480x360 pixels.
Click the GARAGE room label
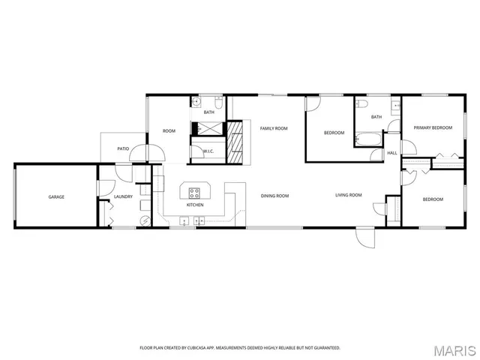(x=56, y=196)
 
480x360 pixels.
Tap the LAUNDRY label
(x=123, y=196)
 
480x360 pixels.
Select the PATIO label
(x=123, y=148)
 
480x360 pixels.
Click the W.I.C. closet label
(x=208, y=151)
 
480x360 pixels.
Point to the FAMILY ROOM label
(x=274, y=128)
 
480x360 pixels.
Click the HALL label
(x=391, y=153)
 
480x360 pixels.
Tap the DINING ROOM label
(x=274, y=196)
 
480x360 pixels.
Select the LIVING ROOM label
(x=348, y=195)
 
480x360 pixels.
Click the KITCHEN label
(x=195, y=205)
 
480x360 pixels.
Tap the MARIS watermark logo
(x=455, y=350)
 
